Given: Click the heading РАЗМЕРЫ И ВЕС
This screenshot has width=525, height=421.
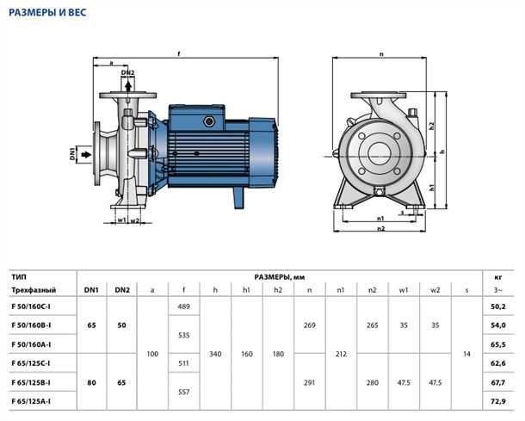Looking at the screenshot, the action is pos(47,13).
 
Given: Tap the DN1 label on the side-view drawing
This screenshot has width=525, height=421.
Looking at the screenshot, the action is pos(72,154).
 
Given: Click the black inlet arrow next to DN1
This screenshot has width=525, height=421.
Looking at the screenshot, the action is pos(86,154).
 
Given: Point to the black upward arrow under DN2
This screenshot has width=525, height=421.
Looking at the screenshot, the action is pos(128,85).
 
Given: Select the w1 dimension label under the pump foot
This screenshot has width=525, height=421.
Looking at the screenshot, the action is pos(121,220).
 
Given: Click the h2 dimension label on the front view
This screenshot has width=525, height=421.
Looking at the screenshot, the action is pos(432,126).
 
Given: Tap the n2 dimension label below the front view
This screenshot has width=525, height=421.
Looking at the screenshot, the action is pos(380,229).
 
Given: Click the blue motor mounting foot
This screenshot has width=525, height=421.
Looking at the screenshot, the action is pos(238,197).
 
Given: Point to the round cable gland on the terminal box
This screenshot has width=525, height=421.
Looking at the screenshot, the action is pos(209,121).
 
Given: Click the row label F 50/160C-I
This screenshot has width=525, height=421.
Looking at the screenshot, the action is pos(31,306).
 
